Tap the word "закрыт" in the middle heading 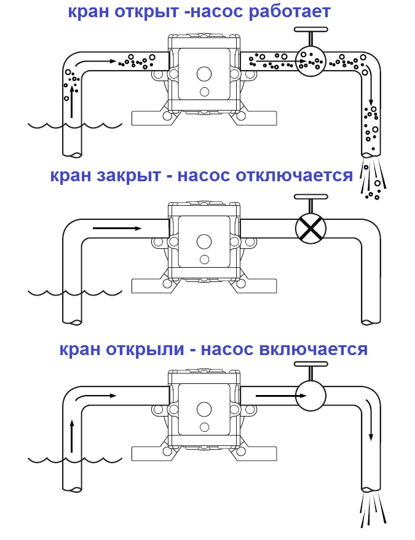coord(135,176)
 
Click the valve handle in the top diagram coord(310,31)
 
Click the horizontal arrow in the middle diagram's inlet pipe coord(117,228)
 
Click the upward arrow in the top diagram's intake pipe coord(72,101)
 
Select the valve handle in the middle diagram coord(310,198)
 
